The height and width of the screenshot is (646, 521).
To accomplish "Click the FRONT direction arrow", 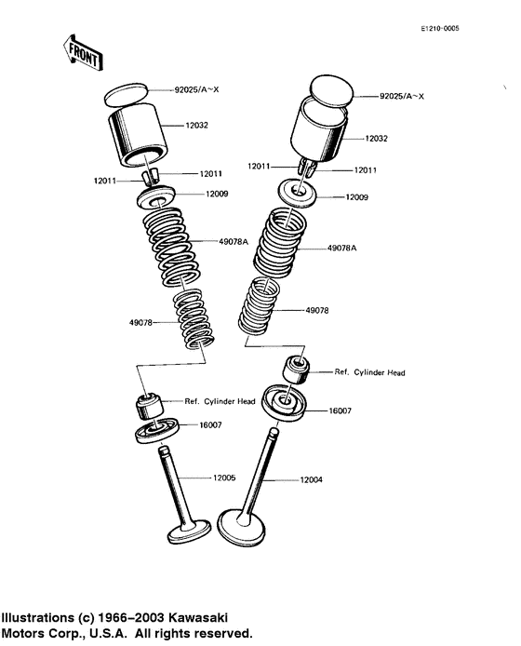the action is coord(83,53).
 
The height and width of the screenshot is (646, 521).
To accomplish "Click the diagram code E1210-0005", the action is coord(440,29).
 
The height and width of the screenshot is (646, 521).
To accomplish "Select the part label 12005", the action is coord(224,478).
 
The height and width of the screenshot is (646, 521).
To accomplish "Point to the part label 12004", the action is coord(311,480).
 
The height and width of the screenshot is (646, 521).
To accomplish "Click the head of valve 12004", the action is coord(241,528).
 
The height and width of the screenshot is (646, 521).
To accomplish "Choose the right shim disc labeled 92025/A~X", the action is coord(331,92).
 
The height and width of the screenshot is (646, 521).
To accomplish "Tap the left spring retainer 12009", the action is coord(156,197).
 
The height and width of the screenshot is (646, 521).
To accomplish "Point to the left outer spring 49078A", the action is coord(172,247).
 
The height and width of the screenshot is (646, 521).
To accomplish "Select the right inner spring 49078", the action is coord(259,305).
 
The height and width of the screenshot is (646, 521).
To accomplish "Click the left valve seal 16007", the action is coord(156,431).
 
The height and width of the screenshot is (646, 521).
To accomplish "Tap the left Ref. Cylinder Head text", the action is coord(220,401).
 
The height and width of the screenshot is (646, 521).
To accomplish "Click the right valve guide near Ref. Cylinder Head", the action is coord(296,369).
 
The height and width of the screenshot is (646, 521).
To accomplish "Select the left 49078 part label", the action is coord(140,323).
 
